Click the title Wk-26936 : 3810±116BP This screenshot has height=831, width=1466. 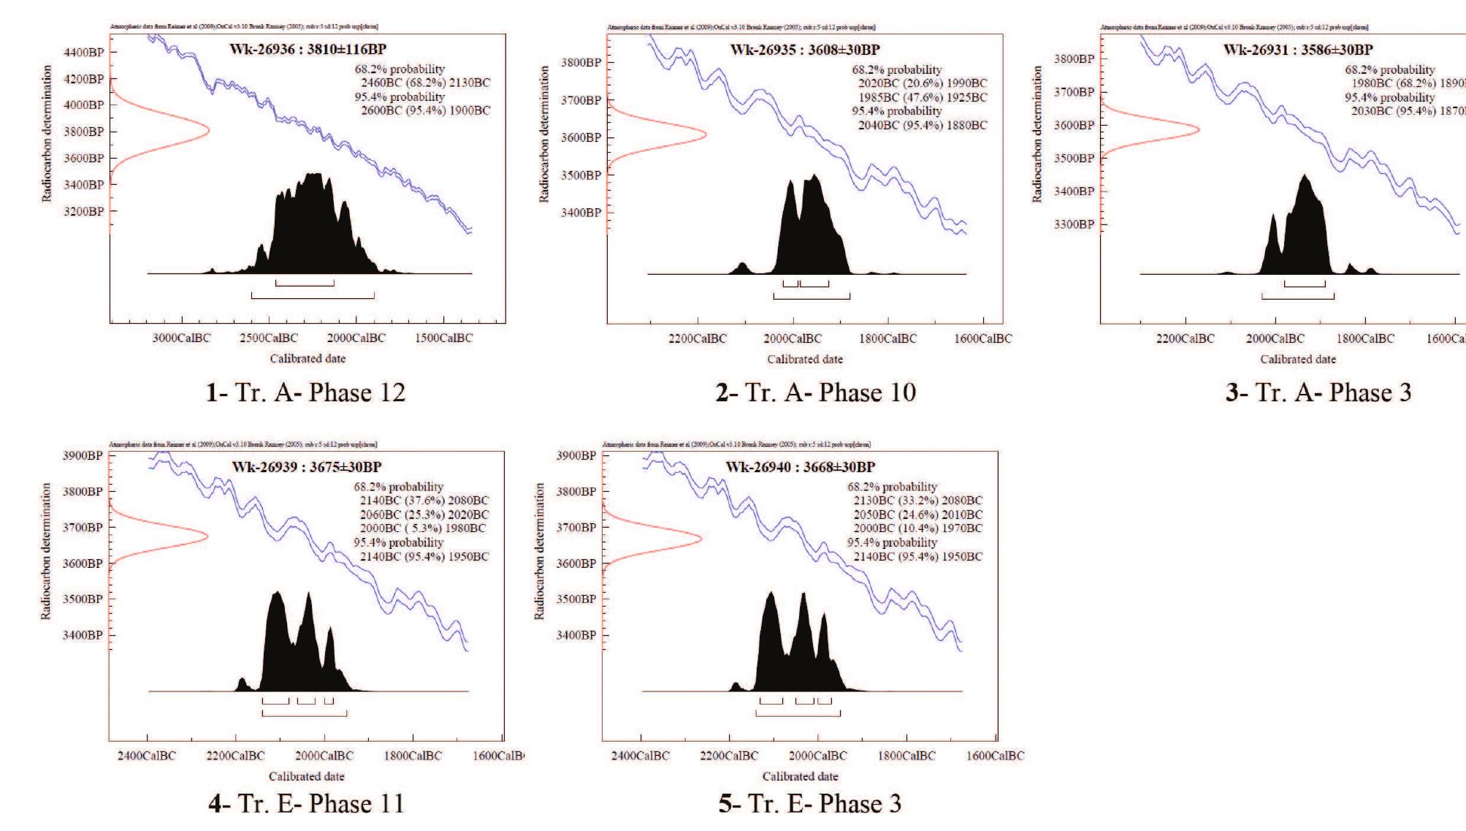coord(308,50)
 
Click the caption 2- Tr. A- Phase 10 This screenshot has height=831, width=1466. coord(815,393)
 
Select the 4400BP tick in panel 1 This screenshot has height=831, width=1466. coord(85,52)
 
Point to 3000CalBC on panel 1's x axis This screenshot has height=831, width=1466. coord(181,338)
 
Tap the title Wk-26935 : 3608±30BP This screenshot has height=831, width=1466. coord(805,50)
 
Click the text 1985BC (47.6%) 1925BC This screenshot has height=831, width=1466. coord(923,97)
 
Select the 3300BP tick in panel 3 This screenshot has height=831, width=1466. coord(1074,224)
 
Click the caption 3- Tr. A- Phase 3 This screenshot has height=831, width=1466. coord(1318,393)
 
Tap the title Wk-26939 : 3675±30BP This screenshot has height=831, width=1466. coord(307,467)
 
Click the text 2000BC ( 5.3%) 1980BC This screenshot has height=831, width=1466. coord(424,528)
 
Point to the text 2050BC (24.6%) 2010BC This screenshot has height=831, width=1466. coord(917,515)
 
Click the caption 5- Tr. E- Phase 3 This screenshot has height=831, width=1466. coord(809,804)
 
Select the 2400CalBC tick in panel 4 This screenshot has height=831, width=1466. coord(147,756)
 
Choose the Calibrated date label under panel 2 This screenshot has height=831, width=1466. coord(804,359)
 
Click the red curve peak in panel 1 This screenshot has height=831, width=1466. coord(208,131)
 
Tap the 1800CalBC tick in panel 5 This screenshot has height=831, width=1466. coord(906,756)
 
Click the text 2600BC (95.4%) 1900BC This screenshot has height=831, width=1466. coord(425,110)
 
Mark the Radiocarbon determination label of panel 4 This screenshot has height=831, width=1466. coord(46,551)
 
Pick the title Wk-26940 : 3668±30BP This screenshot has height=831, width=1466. coord(800,467)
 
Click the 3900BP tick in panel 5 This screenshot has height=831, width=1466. coord(576,455)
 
